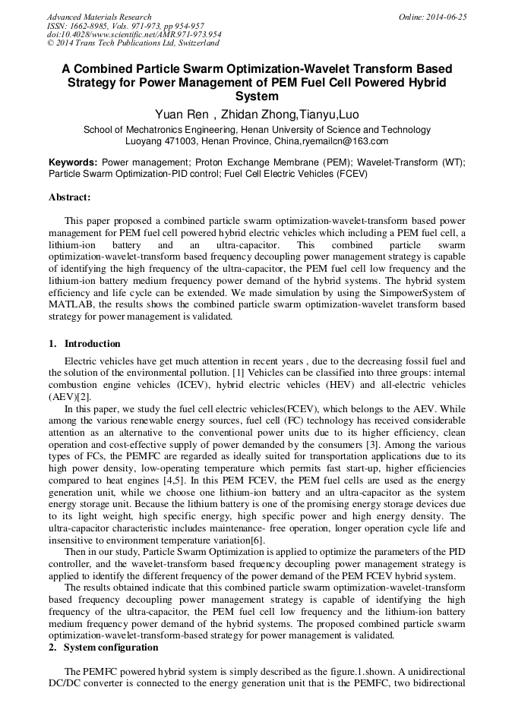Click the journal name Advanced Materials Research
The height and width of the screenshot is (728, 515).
(99, 17)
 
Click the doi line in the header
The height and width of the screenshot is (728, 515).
(134, 35)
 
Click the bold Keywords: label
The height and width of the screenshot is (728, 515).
(73, 162)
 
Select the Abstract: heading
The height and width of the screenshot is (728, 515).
(69, 197)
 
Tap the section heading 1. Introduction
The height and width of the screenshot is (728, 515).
(84, 344)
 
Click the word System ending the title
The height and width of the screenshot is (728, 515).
(257, 96)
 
